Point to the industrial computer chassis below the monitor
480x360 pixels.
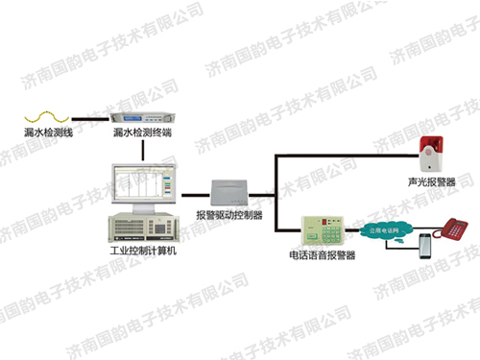click(143, 228)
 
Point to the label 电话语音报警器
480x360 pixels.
click(322, 256)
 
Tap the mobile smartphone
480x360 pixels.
click(425, 249)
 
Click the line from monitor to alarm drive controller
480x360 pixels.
click(193, 191)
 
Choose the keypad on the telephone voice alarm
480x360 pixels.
click(332, 231)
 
